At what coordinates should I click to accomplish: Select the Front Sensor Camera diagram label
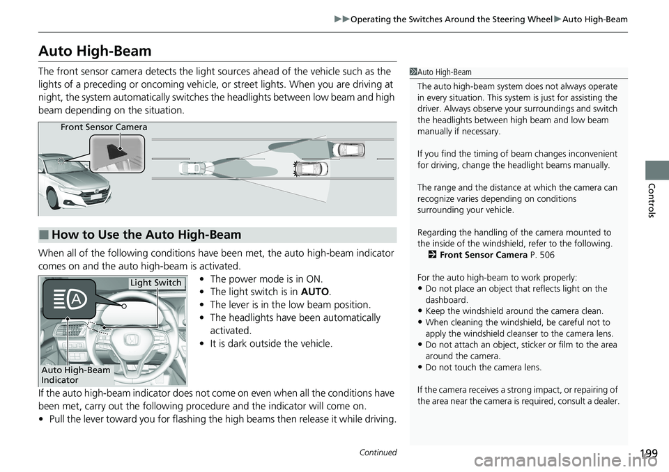coord(104,127)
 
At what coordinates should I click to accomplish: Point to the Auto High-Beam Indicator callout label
coord(75,375)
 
